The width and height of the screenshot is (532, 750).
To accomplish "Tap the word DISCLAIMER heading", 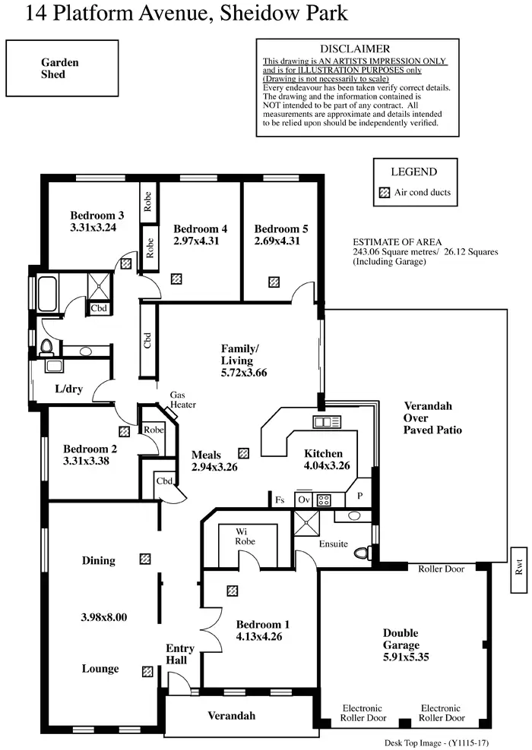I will point(355,49).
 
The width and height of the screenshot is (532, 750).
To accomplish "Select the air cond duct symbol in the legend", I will point(383,192).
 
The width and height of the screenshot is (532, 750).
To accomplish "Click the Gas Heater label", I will point(182,400).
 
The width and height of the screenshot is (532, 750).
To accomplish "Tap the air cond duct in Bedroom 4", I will point(176,279).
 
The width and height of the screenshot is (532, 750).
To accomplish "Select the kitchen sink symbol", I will point(325,421).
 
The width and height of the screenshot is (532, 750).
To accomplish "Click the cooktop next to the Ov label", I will point(324,499).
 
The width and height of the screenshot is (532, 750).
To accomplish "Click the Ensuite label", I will point(333,544).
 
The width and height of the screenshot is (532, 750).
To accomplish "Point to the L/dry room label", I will point(68,389).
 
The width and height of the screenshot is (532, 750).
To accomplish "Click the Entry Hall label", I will point(180,654).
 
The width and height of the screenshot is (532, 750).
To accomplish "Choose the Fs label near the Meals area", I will point(280,500).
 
